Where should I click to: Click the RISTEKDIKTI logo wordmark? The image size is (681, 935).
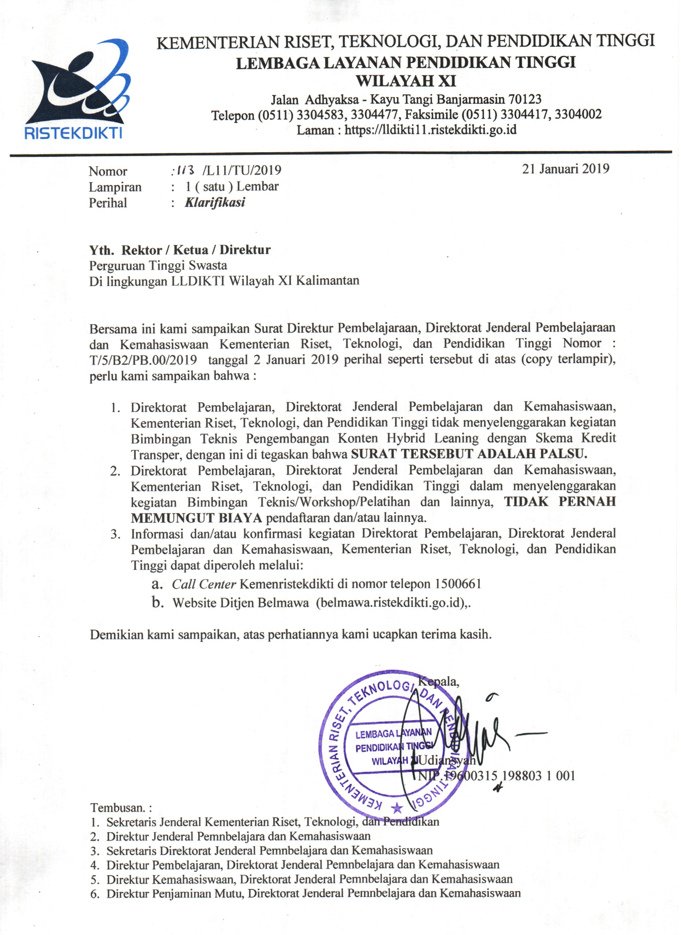pyautogui.click(x=73, y=133)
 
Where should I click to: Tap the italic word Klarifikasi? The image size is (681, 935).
pyautogui.click(x=215, y=202)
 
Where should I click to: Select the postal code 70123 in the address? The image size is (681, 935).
pyautogui.click(x=525, y=99)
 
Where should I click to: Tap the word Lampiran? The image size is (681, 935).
pyautogui.click(x=115, y=187)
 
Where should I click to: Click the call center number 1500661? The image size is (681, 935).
pyautogui.click(x=458, y=584)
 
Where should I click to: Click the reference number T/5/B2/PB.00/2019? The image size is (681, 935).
pyautogui.click(x=143, y=360)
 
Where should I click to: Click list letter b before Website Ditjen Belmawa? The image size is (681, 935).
pyautogui.click(x=157, y=602)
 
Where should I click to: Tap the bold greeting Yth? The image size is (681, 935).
pyautogui.click(x=102, y=250)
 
